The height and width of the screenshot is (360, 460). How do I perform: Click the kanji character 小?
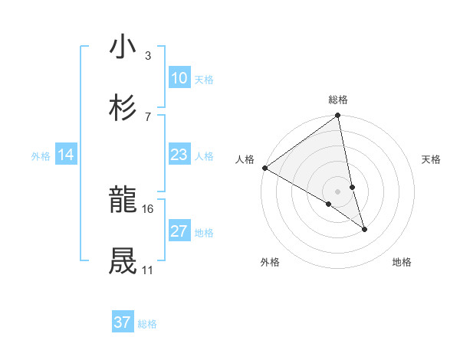pyautogui.click(x=123, y=47)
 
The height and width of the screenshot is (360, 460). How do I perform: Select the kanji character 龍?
pyautogui.click(x=123, y=201)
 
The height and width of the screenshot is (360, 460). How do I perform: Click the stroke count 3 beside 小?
pyautogui.click(x=147, y=56)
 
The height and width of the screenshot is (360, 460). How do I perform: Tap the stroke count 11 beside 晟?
pyautogui.click(x=147, y=270)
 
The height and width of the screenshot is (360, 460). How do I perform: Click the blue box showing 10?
pyautogui.click(x=179, y=78)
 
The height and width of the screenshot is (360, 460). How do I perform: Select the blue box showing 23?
pyautogui.click(x=179, y=155)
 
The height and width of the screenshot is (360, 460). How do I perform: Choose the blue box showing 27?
pyautogui.click(x=179, y=231)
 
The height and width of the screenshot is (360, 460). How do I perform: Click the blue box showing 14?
pyautogui.click(x=66, y=155)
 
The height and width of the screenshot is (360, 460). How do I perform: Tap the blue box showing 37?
pyautogui.click(x=123, y=322)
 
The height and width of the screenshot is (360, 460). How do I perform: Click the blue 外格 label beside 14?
pyautogui.click(x=41, y=156)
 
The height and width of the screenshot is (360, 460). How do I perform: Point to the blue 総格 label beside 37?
pyautogui.click(x=147, y=324)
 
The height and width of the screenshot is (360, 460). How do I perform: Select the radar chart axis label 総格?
pyautogui.click(x=338, y=100)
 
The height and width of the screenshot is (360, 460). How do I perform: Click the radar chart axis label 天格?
pyautogui.click(x=431, y=159)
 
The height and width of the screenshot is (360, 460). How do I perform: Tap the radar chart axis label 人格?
pyautogui.click(x=245, y=159)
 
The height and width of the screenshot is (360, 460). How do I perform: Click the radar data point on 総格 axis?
pyautogui.click(x=338, y=116)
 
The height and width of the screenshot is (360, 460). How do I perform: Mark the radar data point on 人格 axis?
pyautogui.click(x=264, y=168)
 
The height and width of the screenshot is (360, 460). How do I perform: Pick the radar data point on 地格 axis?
pyautogui.click(x=364, y=229)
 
